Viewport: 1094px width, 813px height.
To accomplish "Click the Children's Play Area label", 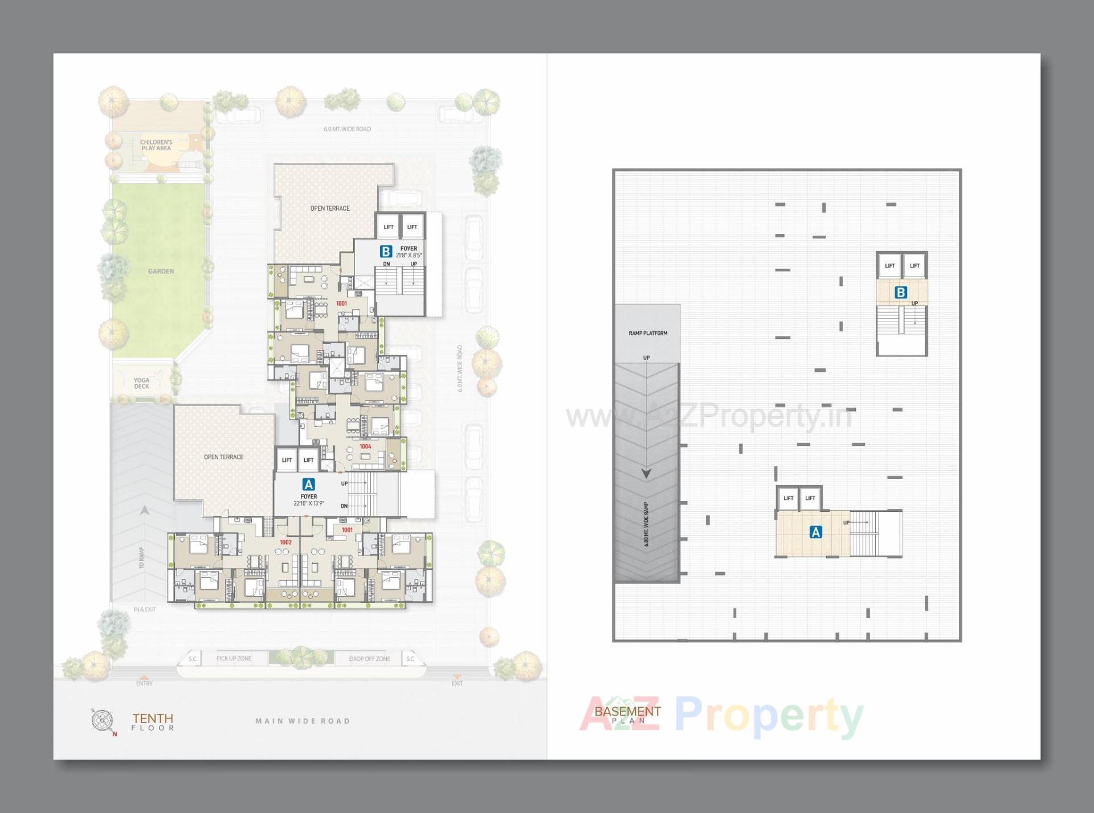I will coord(156,145).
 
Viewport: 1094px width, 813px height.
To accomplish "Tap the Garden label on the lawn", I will coord(161,272).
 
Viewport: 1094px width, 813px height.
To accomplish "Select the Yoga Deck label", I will coord(141,383).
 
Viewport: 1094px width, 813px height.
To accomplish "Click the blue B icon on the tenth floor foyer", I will coord(386,251).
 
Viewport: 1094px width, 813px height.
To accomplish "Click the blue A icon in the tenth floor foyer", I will coord(308,484).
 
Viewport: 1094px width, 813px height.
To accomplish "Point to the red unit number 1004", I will coord(365,446).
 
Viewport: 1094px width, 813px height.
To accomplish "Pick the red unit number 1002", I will coord(285,542).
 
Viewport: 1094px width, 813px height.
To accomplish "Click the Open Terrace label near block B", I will coord(330,208).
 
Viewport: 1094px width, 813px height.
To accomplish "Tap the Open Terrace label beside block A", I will coord(223,457).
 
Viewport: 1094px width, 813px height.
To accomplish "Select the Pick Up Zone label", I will coord(234,659).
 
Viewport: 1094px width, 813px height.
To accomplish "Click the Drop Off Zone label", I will coord(369,659).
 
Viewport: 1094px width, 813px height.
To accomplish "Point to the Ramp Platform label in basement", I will coord(648,333).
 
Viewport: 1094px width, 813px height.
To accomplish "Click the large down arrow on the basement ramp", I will coord(646,474).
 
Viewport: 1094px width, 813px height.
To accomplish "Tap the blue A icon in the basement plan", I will coord(815,532).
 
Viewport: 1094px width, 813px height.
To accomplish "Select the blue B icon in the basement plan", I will coord(901,293).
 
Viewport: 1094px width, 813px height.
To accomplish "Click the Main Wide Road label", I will coord(303,721).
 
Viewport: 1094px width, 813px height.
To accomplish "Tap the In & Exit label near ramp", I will coord(144,609).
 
